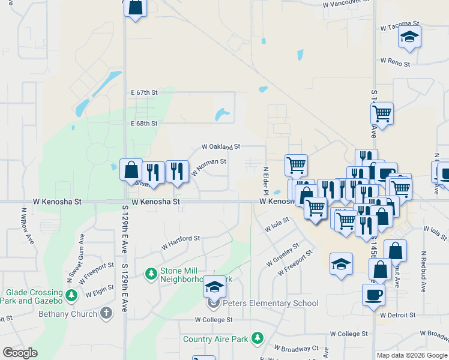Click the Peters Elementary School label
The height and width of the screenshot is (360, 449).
point(271,303)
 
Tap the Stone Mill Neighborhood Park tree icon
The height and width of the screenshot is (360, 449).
point(151,274)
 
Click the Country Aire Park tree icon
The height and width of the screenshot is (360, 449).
point(257,338)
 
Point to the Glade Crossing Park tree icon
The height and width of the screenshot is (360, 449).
point(72,295)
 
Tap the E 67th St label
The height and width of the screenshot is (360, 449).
point(144,92)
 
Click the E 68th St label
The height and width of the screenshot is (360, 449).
point(144,124)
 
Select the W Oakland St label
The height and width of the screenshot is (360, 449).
point(221,146)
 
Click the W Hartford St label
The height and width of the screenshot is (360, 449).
point(180,242)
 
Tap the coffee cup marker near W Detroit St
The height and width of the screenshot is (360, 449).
point(373,295)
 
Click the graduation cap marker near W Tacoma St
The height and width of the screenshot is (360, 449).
point(409,37)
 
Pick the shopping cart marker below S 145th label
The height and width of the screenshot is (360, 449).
point(382,112)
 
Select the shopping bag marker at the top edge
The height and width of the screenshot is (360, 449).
point(135,8)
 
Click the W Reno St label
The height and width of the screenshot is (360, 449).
point(395,62)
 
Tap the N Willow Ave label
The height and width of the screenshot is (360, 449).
point(25,224)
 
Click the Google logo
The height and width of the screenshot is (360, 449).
point(20,353)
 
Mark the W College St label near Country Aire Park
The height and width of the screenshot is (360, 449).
point(213,320)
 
